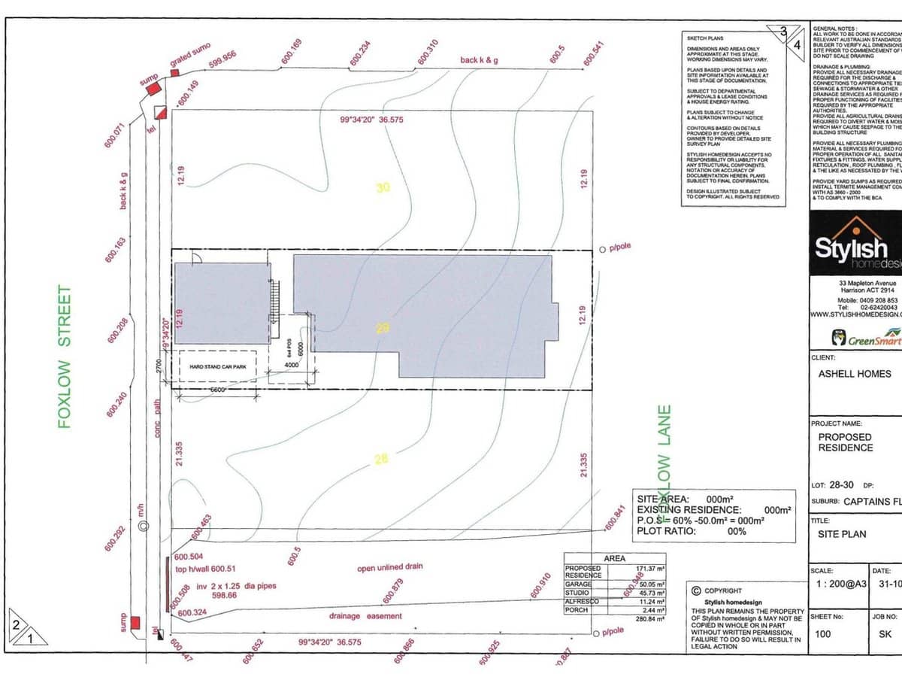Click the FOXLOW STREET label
coord(65,357)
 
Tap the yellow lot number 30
coord(383,188)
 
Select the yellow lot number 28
coord(381,459)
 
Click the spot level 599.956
coord(222,59)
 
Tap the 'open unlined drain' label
coord(389,567)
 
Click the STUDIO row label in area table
coord(578,593)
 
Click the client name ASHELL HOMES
coord(854,374)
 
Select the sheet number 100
coord(823,633)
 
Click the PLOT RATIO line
coord(692,530)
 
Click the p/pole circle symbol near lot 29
coord(602,249)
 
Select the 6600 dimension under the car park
coord(218,391)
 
